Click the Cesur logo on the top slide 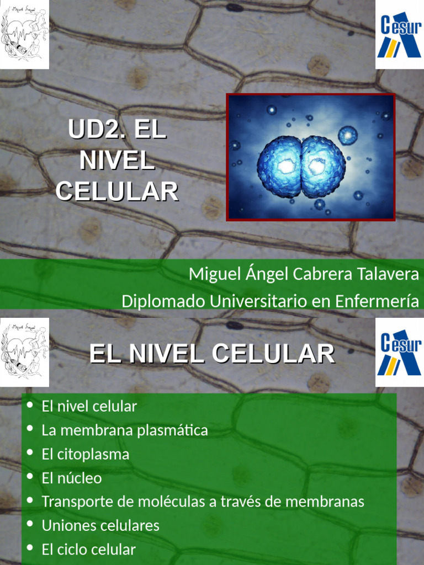(x=399, y=34)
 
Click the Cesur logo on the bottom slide (x=399, y=353)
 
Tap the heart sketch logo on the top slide (x=24, y=34)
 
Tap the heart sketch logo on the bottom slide (x=24, y=353)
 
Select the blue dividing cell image (x=311, y=157)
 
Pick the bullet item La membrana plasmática (x=125, y=430)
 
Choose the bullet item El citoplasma (x=86, y=454)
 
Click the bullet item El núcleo (x=72, y=478)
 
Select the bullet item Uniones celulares (x=100, y=525)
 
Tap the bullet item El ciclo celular (x=88, y=550)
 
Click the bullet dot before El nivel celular (x=30, y=406)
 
